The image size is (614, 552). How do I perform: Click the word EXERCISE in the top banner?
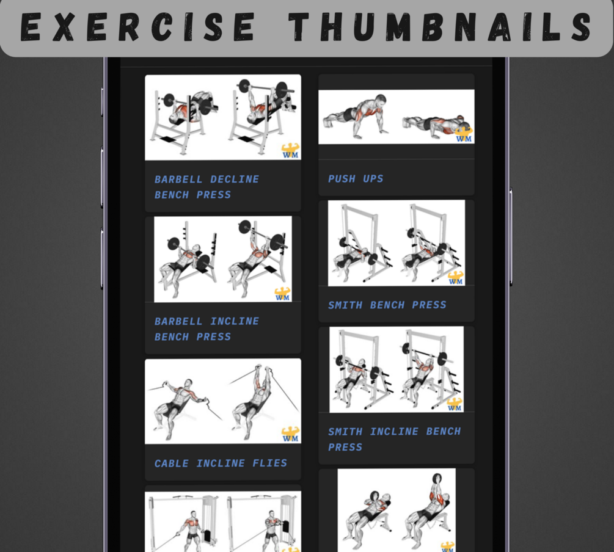tap(137, 27)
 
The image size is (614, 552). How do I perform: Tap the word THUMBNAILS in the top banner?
tap(440, 27)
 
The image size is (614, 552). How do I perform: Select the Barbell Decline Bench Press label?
tap(206, 187)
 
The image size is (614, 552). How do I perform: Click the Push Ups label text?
tap(356, 179)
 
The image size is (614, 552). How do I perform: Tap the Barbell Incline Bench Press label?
tap(206, 329)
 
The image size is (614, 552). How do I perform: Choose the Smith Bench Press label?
tap(387, 305)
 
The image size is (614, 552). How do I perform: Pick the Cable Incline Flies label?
tap(221, 463)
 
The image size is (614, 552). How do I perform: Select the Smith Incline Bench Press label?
tap(394, 439)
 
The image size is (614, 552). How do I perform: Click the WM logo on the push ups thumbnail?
tap(464, 134)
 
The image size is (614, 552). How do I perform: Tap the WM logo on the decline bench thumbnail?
tap(291, 151)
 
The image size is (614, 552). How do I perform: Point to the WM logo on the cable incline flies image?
tap(291, 435)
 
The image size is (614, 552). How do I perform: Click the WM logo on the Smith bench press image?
tap(455, 278)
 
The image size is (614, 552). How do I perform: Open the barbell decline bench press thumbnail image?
tap(223, 117)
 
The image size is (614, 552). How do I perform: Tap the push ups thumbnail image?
tap(397, 117)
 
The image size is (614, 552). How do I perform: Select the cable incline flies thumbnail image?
tap(223, 401)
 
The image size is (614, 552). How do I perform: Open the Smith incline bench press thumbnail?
tap(397, 369)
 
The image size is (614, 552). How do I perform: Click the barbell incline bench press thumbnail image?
tap(223, 259)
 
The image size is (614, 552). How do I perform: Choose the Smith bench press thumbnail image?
tap(397, 243)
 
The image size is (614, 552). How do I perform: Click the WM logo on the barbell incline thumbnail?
tap(282, 294)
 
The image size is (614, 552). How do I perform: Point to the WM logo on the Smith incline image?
tap(455, 404)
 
